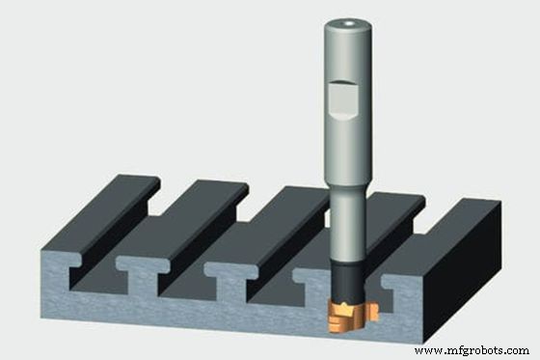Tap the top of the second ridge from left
click(x=178, y=217)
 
